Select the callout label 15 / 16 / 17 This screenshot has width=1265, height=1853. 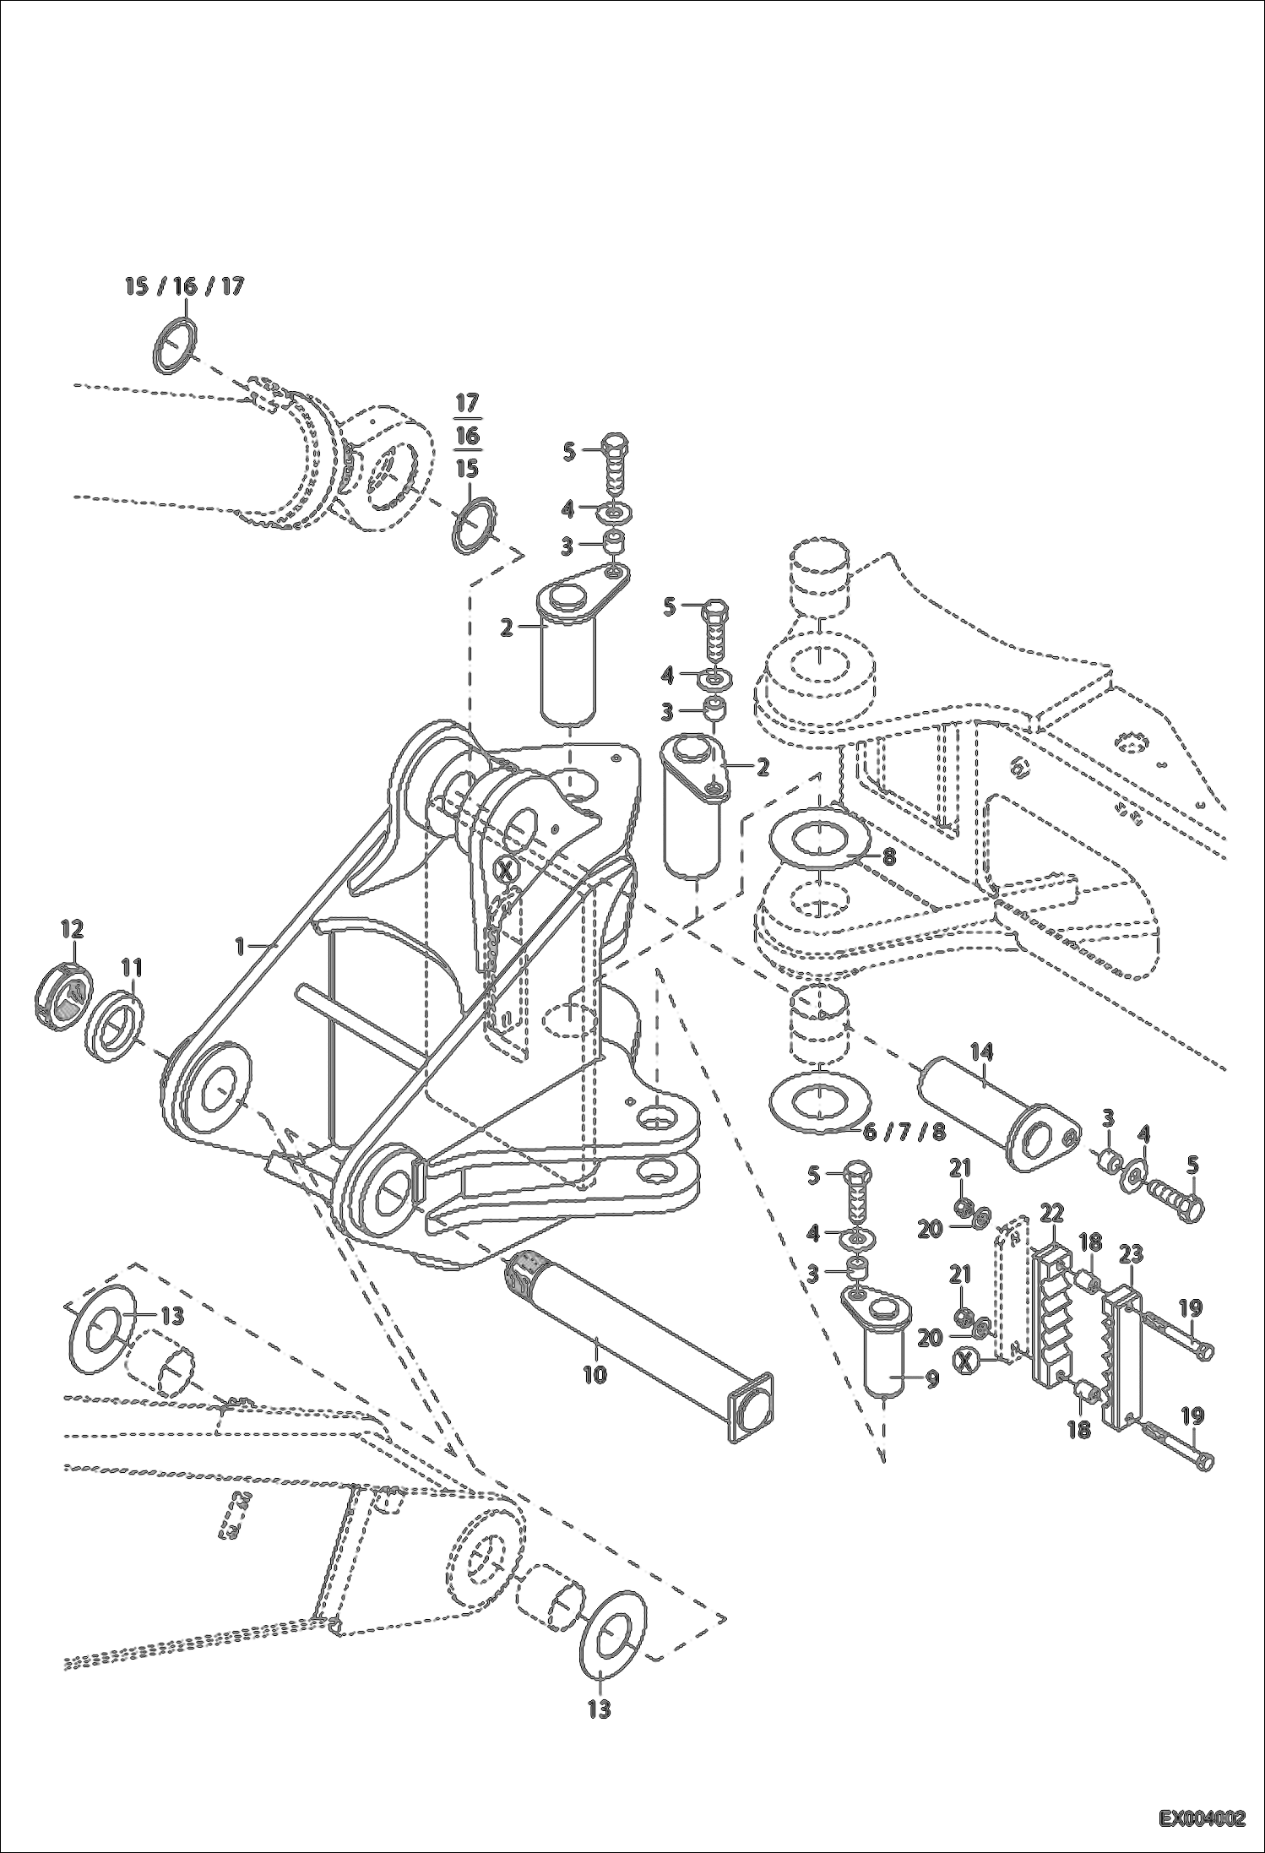(x=184, y=286)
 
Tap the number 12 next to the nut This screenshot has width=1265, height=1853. (x=72, y=930)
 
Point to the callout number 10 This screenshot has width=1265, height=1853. (x=594, y=1374)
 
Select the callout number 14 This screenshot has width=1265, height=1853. (x=981, y=1051)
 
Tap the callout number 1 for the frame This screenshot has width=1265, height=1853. (x=240, y=947)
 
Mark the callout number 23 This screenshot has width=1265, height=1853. (x=1130, y=1254)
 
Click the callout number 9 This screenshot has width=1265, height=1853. (x=931, y=1379)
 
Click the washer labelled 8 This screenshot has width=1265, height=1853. (x=819, y=842)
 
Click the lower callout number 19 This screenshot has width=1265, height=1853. (x=1192, y=1416)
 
